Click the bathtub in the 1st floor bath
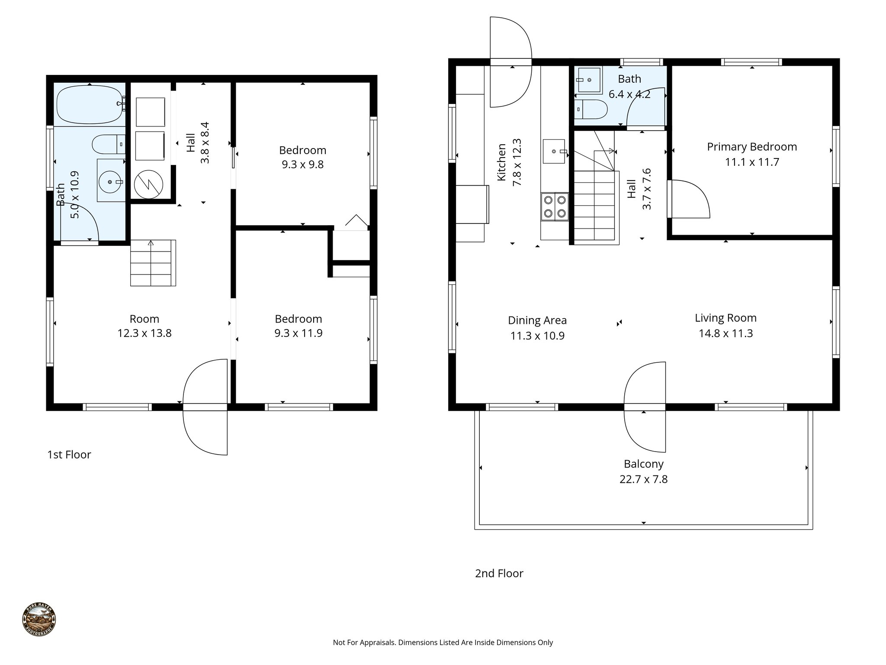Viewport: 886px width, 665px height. [x=90, y=104]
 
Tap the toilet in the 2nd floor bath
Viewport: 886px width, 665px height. [x=591, y=109]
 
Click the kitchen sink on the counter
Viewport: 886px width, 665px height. [x=554, y=152]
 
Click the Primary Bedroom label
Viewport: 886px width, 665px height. [x=752, y=147]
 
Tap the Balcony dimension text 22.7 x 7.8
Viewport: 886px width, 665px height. [x=643, y=479]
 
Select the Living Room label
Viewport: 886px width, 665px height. [x=725, y=318]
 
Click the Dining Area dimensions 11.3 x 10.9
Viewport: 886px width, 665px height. [x=537, y=336]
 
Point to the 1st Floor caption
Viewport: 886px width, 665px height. [x=69, y=455]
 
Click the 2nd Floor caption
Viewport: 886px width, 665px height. [x=499, y=573]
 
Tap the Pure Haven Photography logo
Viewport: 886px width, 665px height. [x=39, y=620]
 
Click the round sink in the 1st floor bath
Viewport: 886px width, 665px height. [x=111, y=183]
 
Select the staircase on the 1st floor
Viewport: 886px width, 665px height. [x=153, y=263]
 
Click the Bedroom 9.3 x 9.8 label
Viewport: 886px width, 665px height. [x=302, y=150]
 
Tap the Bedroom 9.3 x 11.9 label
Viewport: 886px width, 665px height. [x=298, y=319]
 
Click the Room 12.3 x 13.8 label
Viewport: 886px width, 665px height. [x=144, y=319]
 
